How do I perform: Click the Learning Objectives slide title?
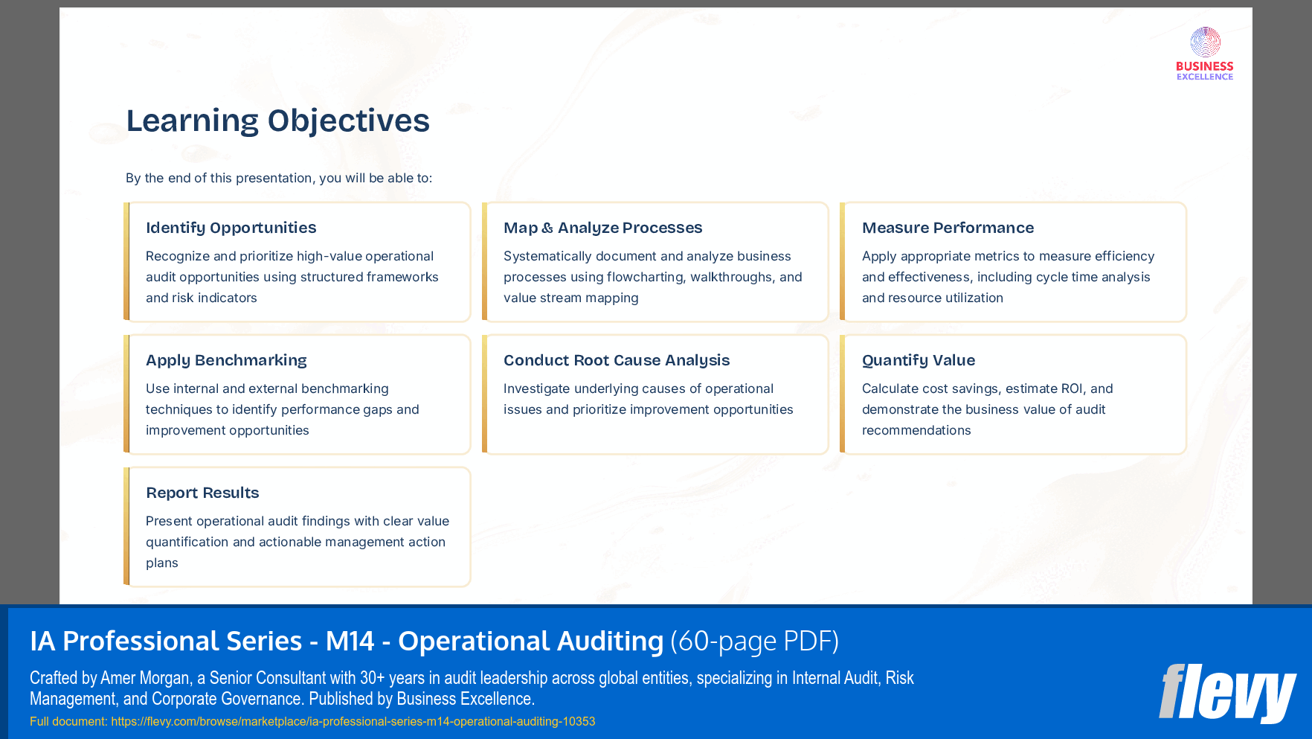coord(277,121)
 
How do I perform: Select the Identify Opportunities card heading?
coord(231,228)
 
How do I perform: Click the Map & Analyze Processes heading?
coord(602,228)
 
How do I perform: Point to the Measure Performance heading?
coord(948,228)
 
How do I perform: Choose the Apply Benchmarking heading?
coord(226,360)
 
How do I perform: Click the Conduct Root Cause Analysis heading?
coord(617,360)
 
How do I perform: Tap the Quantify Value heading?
coord(918,360)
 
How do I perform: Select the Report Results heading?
coord(202,493)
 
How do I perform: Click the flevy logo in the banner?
coord(1226,692)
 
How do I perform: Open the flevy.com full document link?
coord(353,721)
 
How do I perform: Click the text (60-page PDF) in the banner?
coord(754,642)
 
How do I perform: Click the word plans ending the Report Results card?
coord(161,563)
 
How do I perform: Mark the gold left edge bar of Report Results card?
coord(126,527)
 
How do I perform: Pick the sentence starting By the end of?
coord(278,178)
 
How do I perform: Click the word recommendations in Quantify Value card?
coord(916,430)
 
